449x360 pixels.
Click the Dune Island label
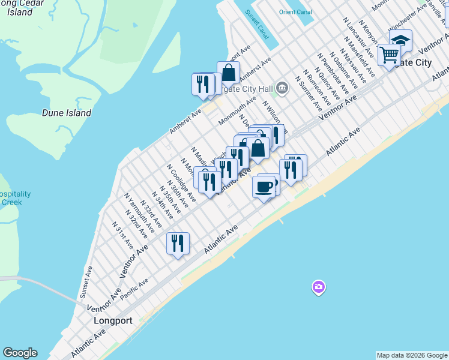[x=67, y=112]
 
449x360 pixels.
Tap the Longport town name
[x=113, y=320]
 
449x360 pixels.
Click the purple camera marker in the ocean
[x=319, y=287]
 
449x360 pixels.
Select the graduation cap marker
[x=400, y=40]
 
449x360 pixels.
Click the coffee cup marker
[x=264, y=187]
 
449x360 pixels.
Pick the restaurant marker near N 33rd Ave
[x=178, y=242]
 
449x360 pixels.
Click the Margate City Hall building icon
[x=283, y=89]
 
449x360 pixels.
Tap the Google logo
[x=20, y=353]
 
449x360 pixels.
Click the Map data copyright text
[x=411, y=355]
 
